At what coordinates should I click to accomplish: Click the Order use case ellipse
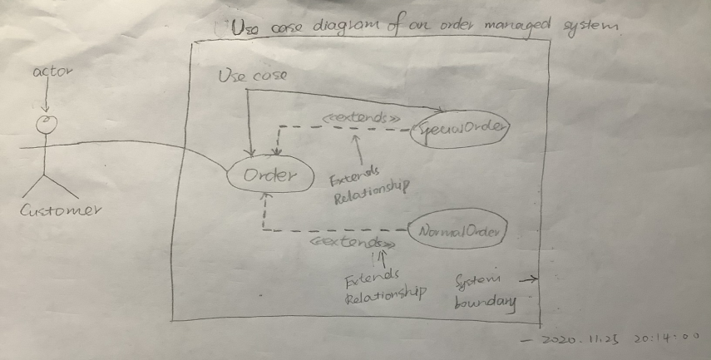[270, 176]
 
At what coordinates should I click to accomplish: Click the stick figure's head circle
[49, 125]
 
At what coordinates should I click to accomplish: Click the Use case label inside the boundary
[252, 76]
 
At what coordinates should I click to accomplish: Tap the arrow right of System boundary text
[530, 281]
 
